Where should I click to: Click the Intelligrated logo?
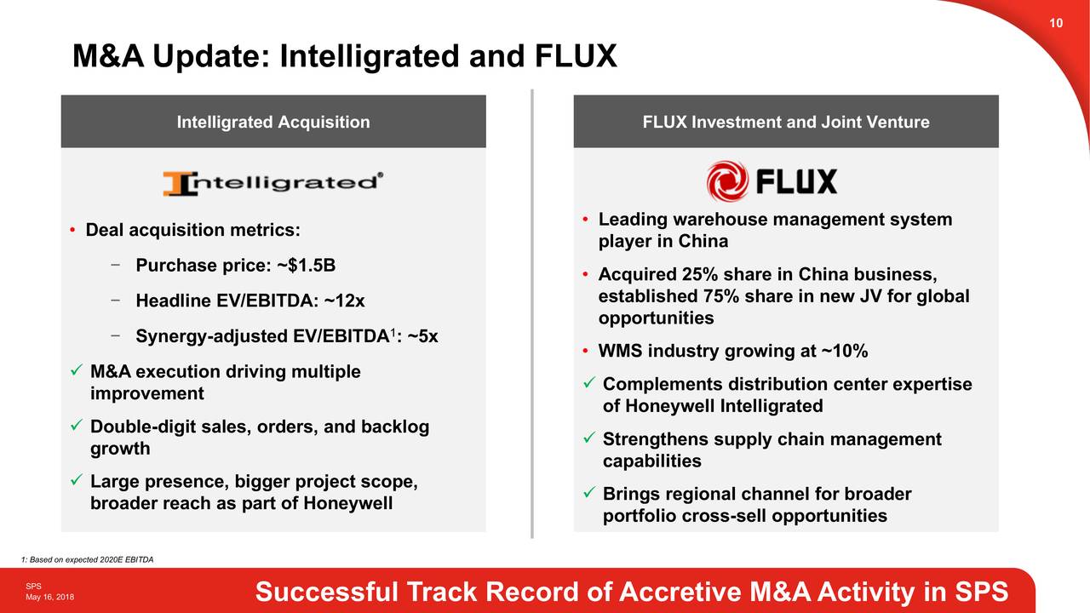[272, 182]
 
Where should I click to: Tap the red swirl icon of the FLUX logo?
[727, 181]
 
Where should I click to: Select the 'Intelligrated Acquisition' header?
[273, 122]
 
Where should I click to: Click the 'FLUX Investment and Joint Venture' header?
[785, 122]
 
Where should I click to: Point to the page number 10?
[1056, 23]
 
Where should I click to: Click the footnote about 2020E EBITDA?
[87, 559]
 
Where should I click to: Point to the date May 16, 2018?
[49, 598]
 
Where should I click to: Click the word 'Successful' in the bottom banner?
[327, 592]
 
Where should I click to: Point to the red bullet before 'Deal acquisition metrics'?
[75, 232]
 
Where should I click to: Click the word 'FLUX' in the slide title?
[575, 57]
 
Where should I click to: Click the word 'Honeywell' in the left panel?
[351, 504]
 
